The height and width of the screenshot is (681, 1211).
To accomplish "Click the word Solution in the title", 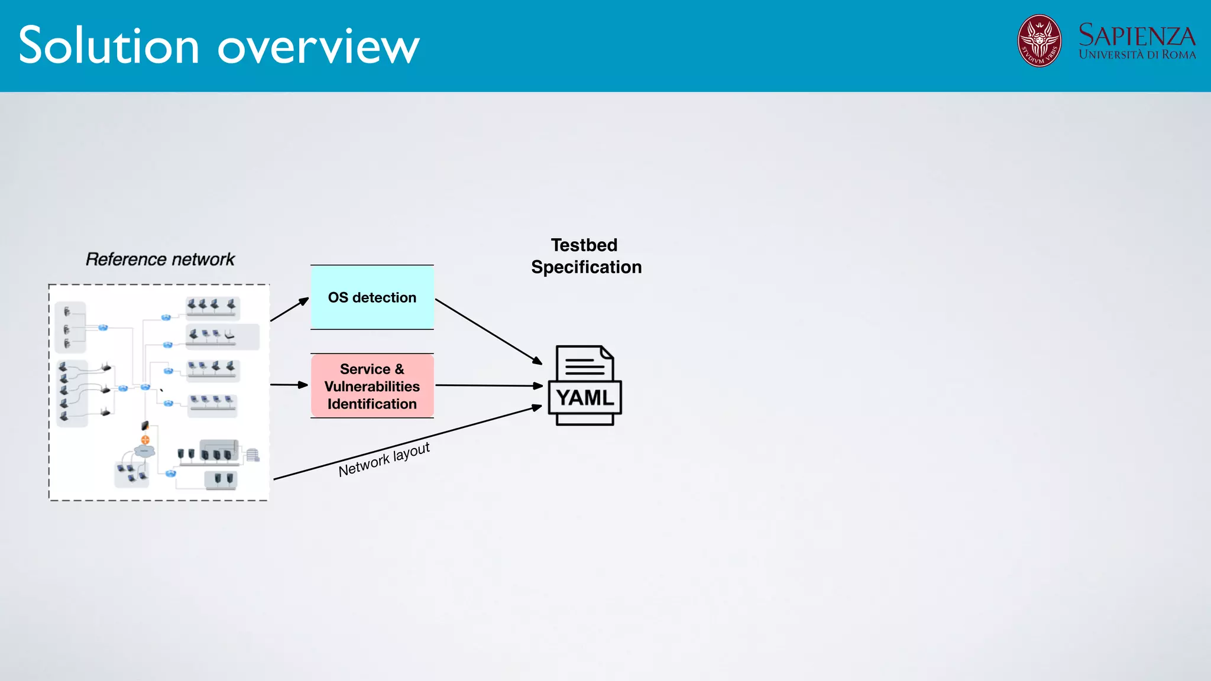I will [109, 46].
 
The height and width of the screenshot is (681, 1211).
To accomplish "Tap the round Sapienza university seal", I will [1039, 41].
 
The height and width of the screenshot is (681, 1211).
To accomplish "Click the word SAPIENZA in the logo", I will [1136, 36].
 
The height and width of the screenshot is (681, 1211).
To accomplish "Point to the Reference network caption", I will [160, 260].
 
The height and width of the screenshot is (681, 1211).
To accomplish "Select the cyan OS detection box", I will [372, 297].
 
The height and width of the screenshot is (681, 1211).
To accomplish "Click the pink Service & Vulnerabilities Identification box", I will [372, 386].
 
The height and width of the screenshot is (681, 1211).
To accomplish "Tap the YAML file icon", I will [585, 385].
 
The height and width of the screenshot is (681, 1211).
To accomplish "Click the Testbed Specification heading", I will [585, 256].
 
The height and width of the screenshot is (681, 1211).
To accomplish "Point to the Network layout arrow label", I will [384, 459].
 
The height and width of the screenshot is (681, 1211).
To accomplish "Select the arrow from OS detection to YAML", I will [488, 332].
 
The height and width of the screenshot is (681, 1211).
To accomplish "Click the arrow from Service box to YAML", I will [488, 385].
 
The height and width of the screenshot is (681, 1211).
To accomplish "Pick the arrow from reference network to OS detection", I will [290, 309].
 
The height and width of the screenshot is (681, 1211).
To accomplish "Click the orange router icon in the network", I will [145, 439].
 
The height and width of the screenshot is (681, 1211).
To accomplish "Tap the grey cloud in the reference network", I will [144, 451].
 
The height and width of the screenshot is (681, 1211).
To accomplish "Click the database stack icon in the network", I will [252, 455].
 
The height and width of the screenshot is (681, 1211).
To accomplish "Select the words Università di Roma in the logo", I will [1136, 55].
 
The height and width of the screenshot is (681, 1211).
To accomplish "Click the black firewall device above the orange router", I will [145, 425].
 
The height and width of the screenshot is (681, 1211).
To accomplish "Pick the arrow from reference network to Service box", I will [289, 385].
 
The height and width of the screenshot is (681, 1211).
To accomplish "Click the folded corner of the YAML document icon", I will [607, 353].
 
